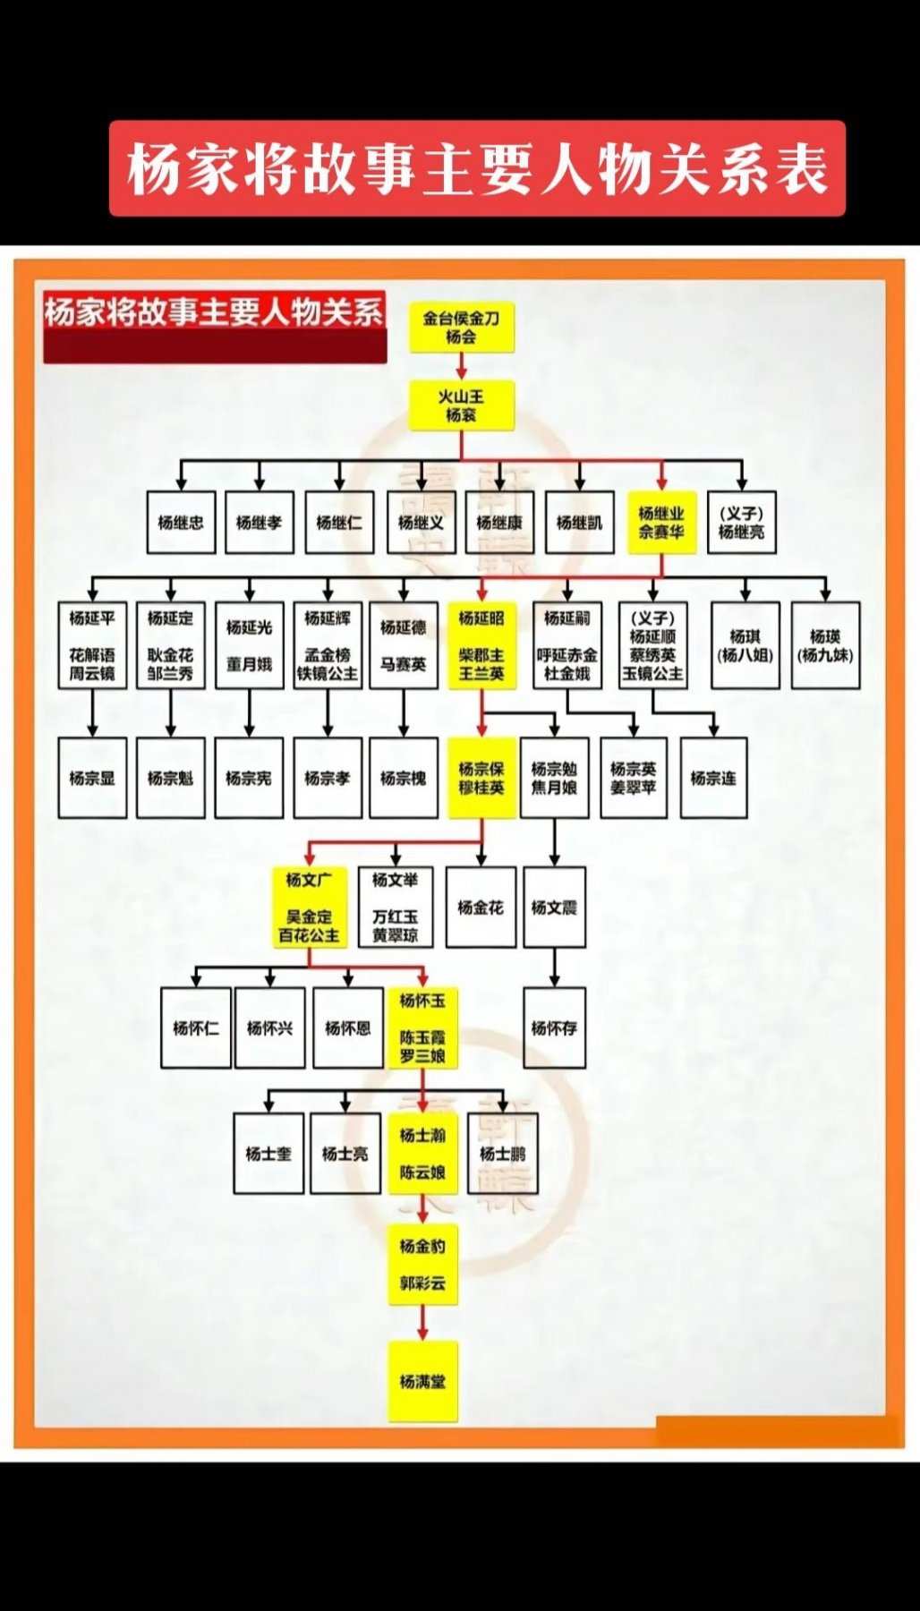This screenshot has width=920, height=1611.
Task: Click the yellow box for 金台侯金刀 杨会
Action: pos(462,328)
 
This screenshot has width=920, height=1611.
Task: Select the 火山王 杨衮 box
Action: pos(462,405)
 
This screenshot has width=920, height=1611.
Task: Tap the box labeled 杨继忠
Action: pos(181,522)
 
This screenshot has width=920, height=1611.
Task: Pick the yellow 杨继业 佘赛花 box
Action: pos(661,522)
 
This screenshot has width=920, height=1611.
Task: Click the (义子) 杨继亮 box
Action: pos(741,522)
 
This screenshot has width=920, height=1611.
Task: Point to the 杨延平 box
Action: pos(92,644)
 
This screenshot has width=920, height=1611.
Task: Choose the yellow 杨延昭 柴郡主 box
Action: pos(481,644)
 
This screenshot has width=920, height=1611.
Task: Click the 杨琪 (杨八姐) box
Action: pos(745,644)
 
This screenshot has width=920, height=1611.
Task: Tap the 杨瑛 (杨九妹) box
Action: pos(825,644)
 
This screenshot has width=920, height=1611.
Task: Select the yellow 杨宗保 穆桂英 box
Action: pos(481,778)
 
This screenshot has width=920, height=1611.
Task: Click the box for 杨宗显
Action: pos(92,778)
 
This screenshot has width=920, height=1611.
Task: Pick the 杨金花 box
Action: pos(481,907)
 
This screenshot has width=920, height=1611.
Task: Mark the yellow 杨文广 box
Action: pos(309,907)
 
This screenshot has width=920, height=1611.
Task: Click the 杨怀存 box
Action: pos(554,1027)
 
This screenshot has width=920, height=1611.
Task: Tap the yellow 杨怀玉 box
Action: pos(422,1027)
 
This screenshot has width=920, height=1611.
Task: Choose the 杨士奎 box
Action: pos(268,1153)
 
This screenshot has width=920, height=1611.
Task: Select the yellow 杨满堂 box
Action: pos(422,1381)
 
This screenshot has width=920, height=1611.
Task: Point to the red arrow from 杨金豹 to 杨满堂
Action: pos(422,1323)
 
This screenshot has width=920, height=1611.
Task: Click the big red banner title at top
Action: pos(477,168)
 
